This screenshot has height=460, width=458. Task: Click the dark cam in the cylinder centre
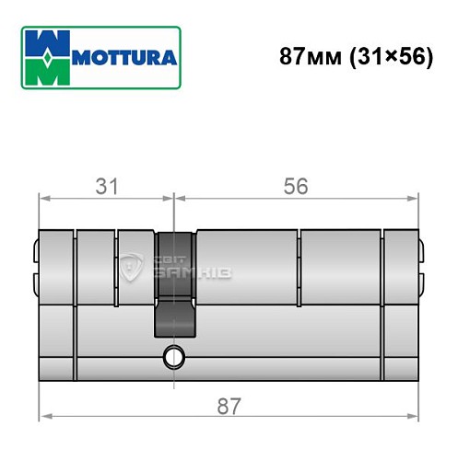tap(174, 281)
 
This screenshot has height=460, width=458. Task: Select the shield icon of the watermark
tap(131, 268)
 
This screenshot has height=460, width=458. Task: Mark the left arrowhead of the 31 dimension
tap(41, 197)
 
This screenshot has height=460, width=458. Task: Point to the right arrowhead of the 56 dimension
tap(416, 197)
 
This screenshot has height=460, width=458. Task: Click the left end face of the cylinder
tap(40, 304)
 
